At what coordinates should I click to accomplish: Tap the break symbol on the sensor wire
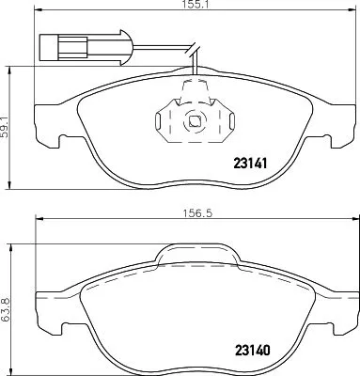(194, 52)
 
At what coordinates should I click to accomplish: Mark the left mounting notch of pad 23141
(65, 144)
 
